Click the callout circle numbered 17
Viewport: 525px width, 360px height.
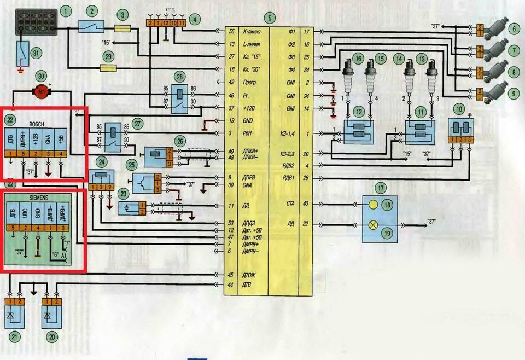[381, 189]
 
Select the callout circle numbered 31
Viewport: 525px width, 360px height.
[37, 53]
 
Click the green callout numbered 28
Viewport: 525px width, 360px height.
[179, 75]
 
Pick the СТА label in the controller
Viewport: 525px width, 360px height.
[291, 204]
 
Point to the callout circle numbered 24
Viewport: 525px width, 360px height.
[101, 161]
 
